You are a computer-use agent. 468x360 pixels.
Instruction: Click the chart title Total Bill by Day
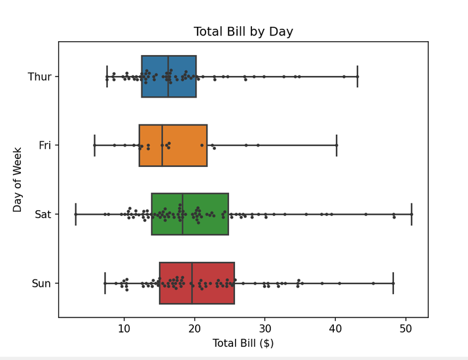click(243, 31)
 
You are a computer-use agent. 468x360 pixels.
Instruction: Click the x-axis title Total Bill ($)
click(243, 342)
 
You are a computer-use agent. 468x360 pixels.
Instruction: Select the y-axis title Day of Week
click(18, 179)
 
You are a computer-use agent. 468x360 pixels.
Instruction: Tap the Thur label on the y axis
click(39, 77)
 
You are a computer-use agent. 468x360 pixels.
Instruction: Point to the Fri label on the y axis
click(45, 145)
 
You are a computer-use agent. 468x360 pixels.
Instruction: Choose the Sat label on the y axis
click(44, 214)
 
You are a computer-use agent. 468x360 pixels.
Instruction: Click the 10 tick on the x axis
click(124, 327)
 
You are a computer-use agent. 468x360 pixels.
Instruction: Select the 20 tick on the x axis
click(194, 327)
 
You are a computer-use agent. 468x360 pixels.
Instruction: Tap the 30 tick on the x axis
click(265, 327)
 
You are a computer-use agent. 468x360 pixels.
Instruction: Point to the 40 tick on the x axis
click(336, 327)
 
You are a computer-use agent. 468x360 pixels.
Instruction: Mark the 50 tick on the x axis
click(406, 327)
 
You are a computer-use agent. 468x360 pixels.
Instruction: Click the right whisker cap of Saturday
click(412, 214)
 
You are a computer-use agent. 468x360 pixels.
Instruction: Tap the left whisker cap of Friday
click(94, 145)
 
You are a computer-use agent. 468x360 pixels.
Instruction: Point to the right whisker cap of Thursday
click(357, 77)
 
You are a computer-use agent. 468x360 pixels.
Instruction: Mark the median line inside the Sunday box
click(192, 283)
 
